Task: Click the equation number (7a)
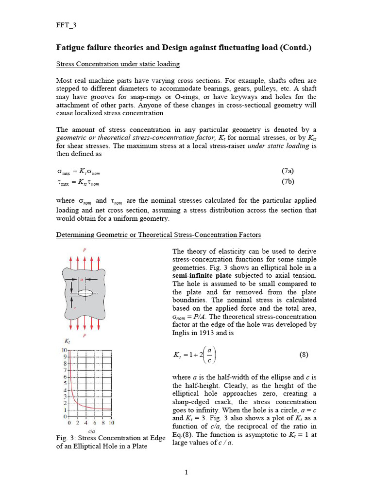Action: [288, 171]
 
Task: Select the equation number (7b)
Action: [288, 182]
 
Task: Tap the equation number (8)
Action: [305, 355]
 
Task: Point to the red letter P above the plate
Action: [85, 250]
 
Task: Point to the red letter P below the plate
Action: [85, 336]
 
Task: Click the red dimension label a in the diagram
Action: [82, 279]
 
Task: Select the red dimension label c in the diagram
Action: [75, 307]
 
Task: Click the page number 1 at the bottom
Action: [186, 472]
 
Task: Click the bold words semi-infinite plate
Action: [200, 275]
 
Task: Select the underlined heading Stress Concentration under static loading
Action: [118, 64]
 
